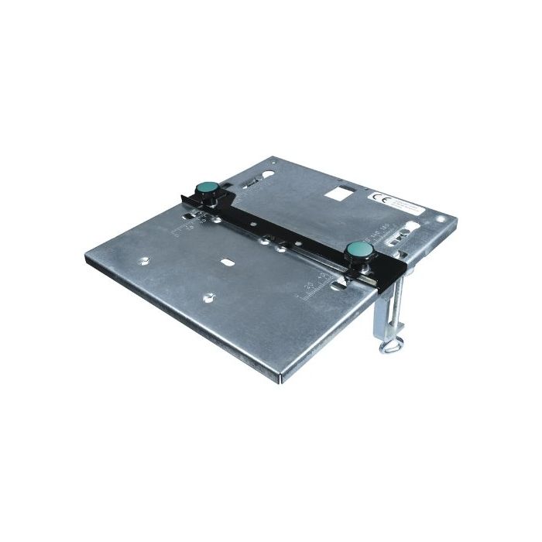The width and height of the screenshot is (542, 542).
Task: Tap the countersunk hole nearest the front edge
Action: point(209,295)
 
